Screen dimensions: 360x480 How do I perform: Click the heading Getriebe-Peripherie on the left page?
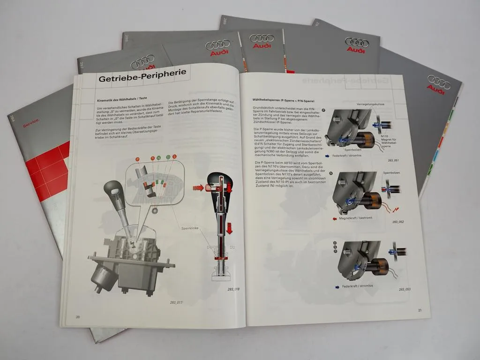(x=142, y=76)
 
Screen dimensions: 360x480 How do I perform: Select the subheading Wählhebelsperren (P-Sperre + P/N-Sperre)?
(x=283, y=100)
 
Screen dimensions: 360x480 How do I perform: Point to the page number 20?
(x=78, y=317)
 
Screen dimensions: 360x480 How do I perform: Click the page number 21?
(x=420, y=310)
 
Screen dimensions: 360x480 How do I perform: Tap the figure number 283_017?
(x=177, y=302)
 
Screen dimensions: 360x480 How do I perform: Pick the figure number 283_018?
(x=233, y=289)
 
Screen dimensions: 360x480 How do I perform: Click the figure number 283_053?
(x=405, y=289)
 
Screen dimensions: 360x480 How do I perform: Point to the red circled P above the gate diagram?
(x=137, y=159)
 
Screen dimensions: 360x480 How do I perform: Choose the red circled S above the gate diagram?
(x=174, y=156)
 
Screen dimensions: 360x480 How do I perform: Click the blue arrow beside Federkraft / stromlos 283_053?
(x=337, y=286)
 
